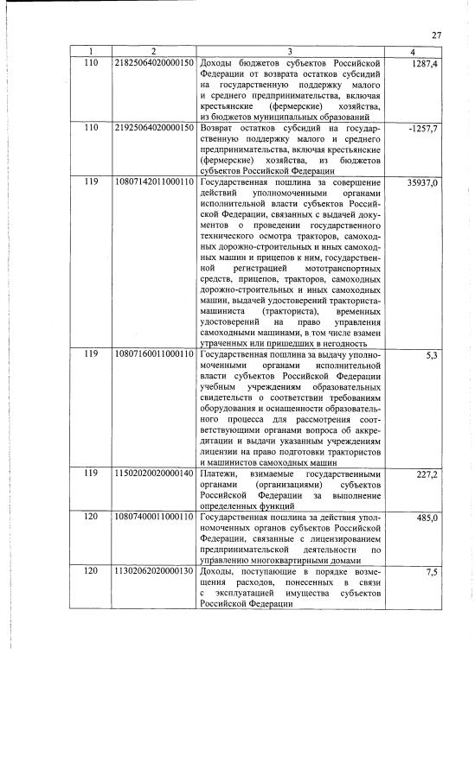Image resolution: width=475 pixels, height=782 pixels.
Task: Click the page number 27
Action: pos(437,35)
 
